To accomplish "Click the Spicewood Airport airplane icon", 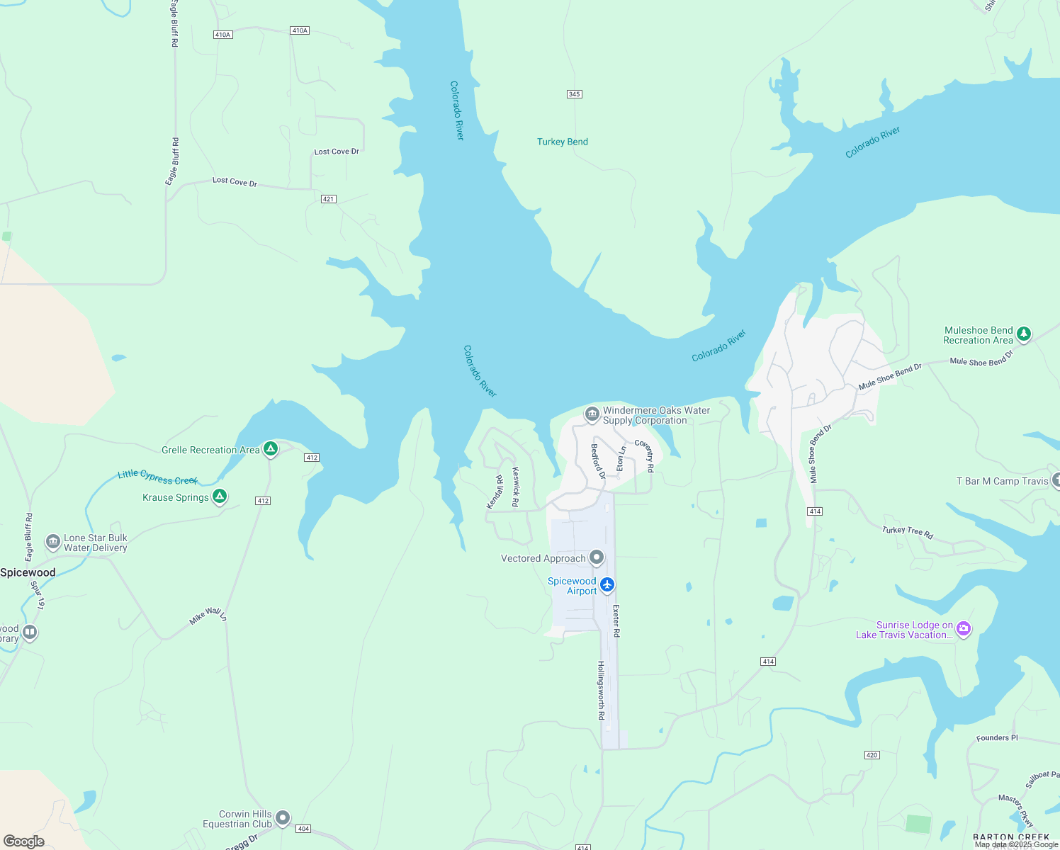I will point(607,585).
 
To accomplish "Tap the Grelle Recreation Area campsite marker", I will point(270,449).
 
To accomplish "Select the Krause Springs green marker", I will point(220,497).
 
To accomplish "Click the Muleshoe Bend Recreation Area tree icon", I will point(1023,334).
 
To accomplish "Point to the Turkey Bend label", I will point(562,142).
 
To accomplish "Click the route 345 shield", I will point(575,94).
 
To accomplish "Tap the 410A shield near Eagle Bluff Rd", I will point(222,34).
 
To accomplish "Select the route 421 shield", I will point(328,199).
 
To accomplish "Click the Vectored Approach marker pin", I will point(597,558).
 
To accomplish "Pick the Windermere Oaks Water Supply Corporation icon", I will point(592,414).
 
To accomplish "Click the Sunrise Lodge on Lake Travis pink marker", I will point(963,629).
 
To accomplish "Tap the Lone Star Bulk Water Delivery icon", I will point(53,543).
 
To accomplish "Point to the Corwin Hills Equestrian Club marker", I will point(283,818).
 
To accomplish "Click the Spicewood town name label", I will point(28,572).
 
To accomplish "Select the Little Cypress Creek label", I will point(157,477).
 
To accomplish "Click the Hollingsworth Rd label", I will point(601,690).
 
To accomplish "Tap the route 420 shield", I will point(872,755).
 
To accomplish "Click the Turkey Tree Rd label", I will point(907,533).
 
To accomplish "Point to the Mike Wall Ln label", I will point(208,616).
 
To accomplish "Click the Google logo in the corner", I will point(24,841).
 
